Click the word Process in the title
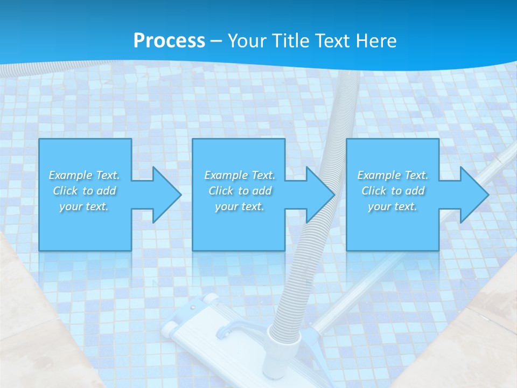tap(169, 41)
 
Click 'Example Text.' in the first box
tap(84, 175)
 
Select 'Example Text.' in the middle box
tap(240, 175)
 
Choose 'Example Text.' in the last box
tap(393, 175)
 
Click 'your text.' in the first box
tap(84, 206)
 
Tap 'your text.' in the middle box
tap(240, 206)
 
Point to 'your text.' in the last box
tap(393, 206)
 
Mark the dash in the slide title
tap(216, 41)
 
